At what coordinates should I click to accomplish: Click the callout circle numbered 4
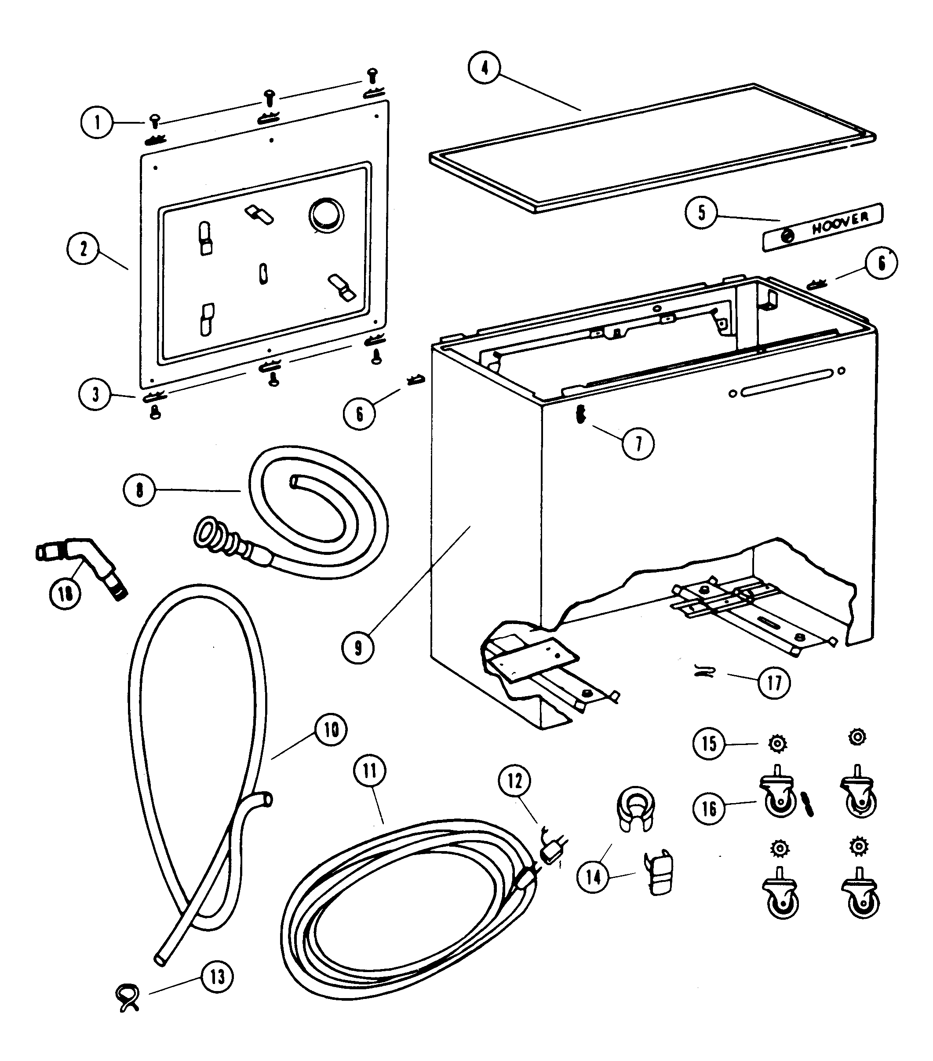[x=484, y=68]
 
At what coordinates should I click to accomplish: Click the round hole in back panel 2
[x=326, y=215]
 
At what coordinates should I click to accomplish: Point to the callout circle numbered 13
[x=217, y=977]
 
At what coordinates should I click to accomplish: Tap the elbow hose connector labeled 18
[x=81, y=565]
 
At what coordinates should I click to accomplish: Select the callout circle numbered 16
[x=709, y=808]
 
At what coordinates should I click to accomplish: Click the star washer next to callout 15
[x=777, y=744]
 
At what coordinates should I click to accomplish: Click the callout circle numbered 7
[x=638, y=444]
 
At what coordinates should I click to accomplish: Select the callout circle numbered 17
[x=774, y=683]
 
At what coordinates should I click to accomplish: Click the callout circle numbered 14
[x=593, y=877]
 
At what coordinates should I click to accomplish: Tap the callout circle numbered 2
[x=84, y=249]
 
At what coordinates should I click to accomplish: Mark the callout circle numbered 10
[x=331, y=729]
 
